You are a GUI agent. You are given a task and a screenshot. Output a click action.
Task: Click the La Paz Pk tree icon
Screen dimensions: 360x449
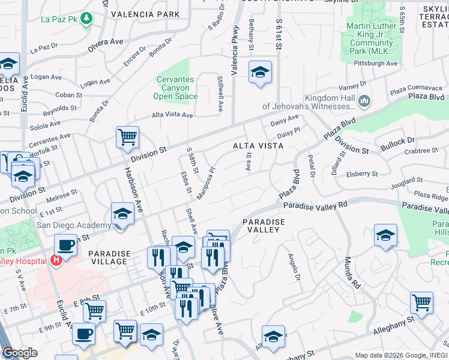pos(88,18)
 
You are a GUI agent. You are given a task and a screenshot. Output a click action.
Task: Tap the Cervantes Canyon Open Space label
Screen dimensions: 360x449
pos(176,88)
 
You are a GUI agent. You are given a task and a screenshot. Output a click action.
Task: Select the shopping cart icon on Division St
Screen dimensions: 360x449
pos(127,137)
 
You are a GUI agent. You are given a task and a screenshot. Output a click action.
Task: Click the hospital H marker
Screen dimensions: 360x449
pos(56,261)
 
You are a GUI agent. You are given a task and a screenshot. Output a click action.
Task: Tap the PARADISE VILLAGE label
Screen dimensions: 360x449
pos(108,257)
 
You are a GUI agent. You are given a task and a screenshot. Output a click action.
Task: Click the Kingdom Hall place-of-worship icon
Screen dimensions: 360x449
pos(364,102)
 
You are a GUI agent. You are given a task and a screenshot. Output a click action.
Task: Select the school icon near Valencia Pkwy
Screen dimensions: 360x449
pos(260,72)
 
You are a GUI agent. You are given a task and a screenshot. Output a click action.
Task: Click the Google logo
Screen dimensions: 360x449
pos(19,353)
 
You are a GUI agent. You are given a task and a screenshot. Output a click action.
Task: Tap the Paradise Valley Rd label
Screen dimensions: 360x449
pos(316,205)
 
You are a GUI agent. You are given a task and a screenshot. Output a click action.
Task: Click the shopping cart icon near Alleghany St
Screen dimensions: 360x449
pos(422,303)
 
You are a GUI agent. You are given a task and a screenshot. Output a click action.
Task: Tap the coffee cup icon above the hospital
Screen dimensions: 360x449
pos(65,245)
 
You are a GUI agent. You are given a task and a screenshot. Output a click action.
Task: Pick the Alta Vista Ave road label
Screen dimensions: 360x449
pos(172,115)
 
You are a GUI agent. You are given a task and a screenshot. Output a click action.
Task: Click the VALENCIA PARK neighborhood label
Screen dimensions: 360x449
pos(145,14)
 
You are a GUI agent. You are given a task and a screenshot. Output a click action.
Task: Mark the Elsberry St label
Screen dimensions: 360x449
pos(362,174)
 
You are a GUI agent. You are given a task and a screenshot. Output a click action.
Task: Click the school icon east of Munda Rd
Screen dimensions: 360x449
pos(385,235)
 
